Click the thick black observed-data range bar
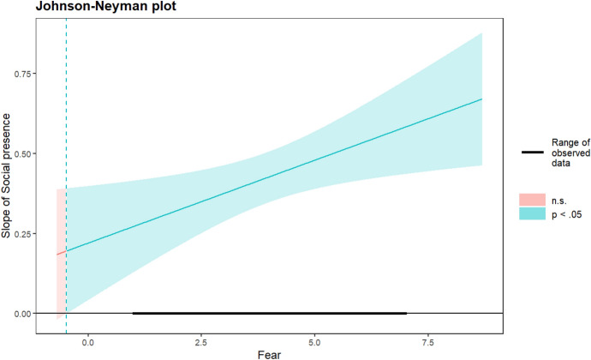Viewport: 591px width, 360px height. click(270, 314)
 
